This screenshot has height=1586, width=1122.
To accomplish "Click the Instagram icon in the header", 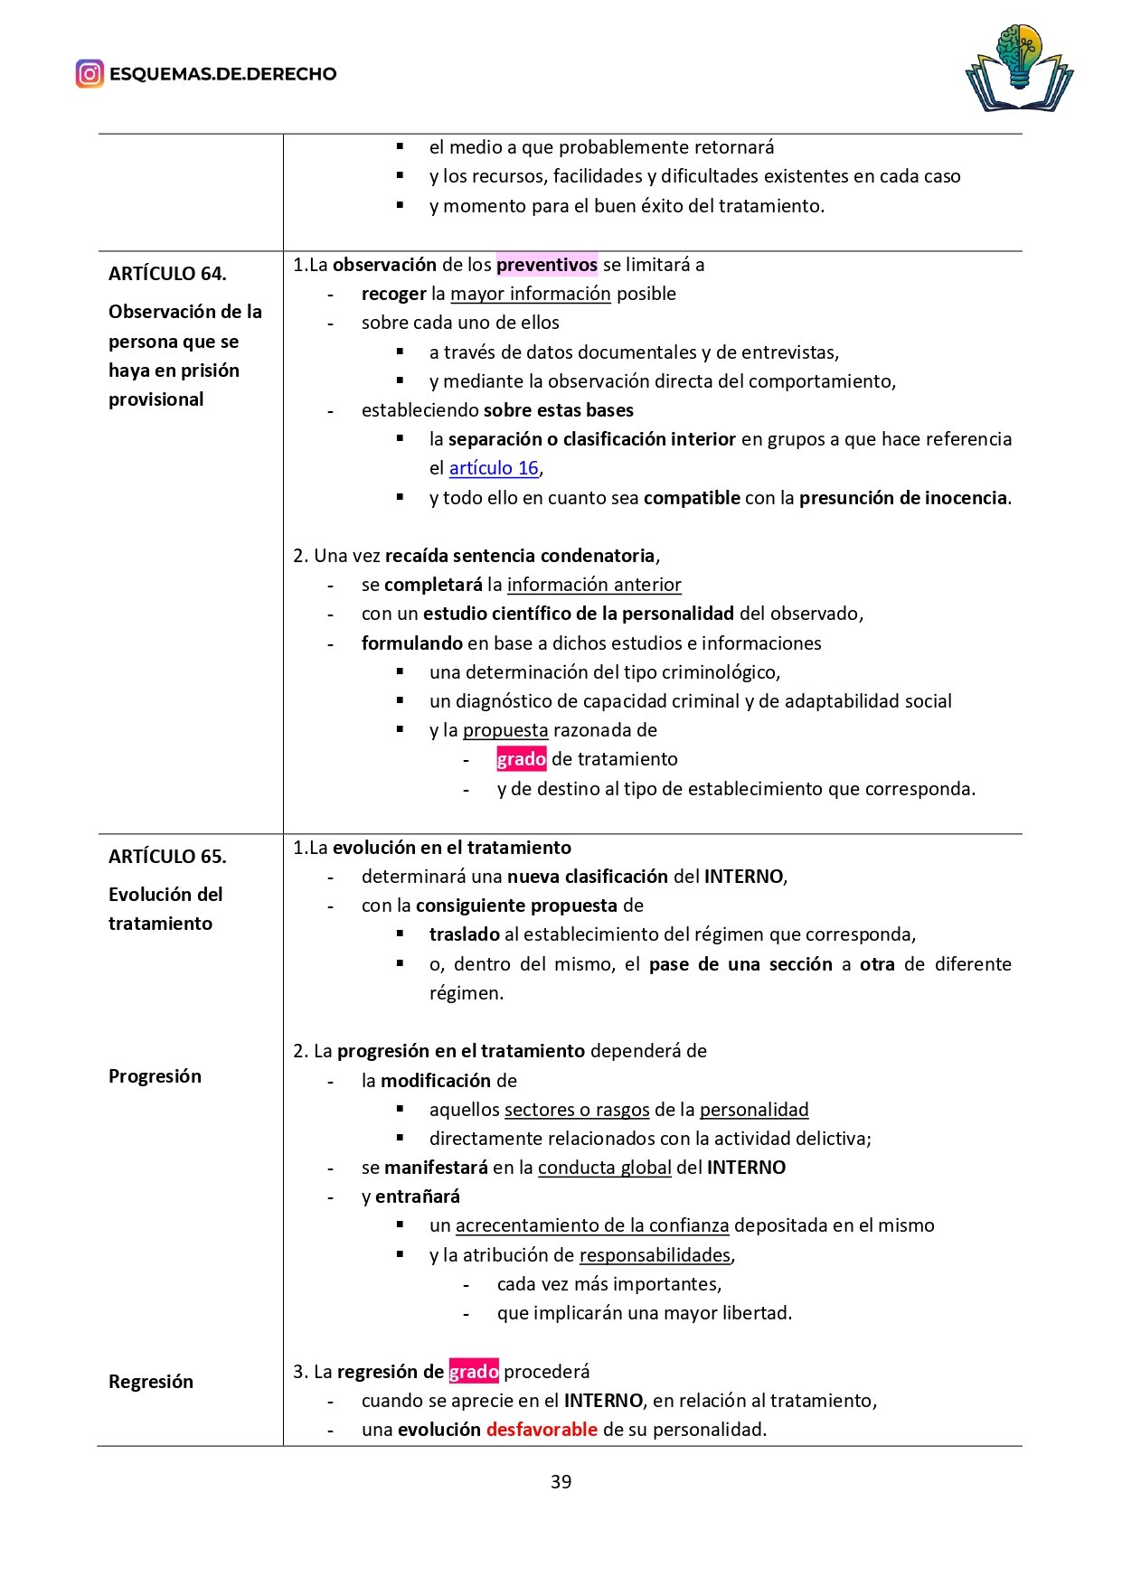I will point(90,73).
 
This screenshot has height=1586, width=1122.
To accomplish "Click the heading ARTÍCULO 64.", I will point(167,273).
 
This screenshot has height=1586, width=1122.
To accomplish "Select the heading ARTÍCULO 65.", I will point(167,856).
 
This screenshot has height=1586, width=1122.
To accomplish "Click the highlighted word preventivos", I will point(547,265).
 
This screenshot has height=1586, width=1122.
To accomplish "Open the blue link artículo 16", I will point(494,468).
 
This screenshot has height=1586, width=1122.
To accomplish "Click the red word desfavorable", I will point(542,1430).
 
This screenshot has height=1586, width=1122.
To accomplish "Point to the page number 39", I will point(561,1481).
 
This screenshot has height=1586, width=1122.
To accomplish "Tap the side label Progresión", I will point(155,1075).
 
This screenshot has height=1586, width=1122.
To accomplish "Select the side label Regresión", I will point(151,1381).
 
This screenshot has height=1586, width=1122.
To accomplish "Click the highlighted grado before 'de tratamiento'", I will point(521,759).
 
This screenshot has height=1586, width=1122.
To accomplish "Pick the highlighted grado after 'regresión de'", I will point(474,1372).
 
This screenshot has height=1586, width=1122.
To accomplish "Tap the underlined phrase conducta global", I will point(605,1168).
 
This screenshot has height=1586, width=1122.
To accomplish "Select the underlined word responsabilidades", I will point(655,1255).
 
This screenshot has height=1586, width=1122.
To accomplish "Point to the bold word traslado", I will point(465,934).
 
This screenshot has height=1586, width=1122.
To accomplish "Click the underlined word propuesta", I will point(505,730).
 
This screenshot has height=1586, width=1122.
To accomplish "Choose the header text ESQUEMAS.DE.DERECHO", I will point(222,74).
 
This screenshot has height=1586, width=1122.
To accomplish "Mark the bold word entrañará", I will point(418,1197).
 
